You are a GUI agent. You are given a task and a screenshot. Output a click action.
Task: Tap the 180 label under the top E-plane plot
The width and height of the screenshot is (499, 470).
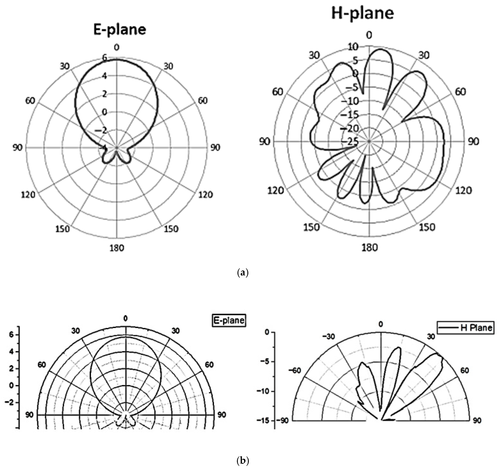pyautogui.click(x=117, y=248)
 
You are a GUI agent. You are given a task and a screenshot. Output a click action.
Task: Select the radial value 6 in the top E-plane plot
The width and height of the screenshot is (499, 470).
pyautogui.click(x=104, y=58)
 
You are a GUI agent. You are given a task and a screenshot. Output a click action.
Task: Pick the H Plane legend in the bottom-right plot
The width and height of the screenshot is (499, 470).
pyautogui.click(x=466, y=328)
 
